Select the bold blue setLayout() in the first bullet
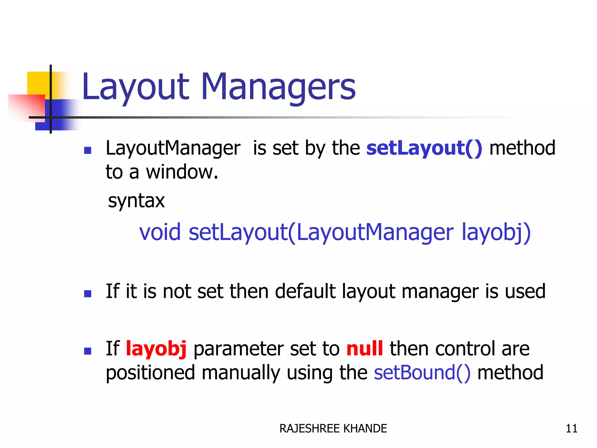(424, 148)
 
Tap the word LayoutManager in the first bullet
(173, 148)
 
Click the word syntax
(136, 201)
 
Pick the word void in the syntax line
(160, 232)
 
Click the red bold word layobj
(156, 349)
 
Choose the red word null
(364, 349)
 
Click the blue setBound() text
(422, 373)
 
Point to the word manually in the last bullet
(240, 373)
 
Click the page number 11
(571, 428)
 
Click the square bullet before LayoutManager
(87, 150)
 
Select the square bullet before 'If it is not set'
(87, 293)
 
